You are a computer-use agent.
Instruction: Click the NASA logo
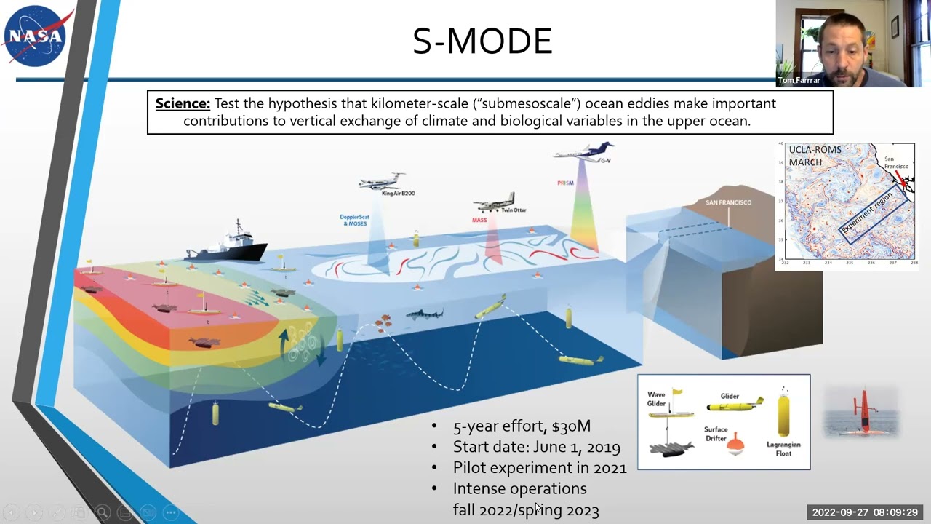(x=36, y=36)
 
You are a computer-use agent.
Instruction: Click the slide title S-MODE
(x=482, y=41)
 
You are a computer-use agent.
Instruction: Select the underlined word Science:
(x=183, y=103)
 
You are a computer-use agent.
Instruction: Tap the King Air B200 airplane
(x=382, y=181)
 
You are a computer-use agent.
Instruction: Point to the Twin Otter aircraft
(x=496, y=203)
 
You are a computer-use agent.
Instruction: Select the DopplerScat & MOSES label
(x=354, y=220)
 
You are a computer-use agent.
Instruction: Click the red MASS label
(x=479, y=220)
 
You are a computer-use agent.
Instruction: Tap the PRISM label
(x=565, y=183)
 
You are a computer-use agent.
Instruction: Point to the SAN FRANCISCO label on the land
(x=728, y=202)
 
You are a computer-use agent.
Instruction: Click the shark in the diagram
(x=424, y=314)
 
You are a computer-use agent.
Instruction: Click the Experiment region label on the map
(x=870, y=211)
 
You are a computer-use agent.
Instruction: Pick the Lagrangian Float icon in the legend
(x=783, y=413)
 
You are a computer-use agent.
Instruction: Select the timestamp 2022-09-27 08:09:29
(x=865, y=512)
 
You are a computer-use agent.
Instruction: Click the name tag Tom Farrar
(x=799, y=80)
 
